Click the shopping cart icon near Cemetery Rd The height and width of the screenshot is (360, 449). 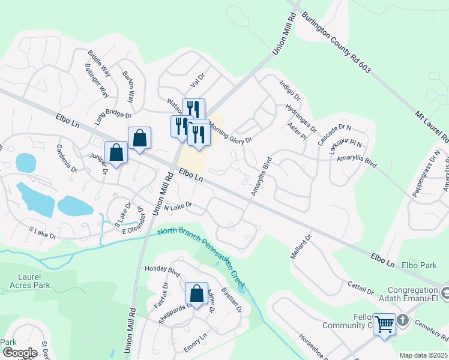click(x=384, y=325)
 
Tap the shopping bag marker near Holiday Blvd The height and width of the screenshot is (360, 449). click(x=196, y=293)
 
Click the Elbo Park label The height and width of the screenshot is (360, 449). click(x=418, y=264)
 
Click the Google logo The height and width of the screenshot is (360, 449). click(x=19, y=352)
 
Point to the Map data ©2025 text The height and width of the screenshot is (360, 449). click(x=423, y=355)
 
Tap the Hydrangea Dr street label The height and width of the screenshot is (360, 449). click(x=301, y=117)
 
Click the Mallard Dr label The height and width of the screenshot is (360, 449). click(x=308, y=245)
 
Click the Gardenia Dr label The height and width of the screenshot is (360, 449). click(x=67, y=158)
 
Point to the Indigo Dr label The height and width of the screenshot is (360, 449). click(x=289, y=89)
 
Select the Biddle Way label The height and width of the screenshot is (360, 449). click(x=100, y=62)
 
